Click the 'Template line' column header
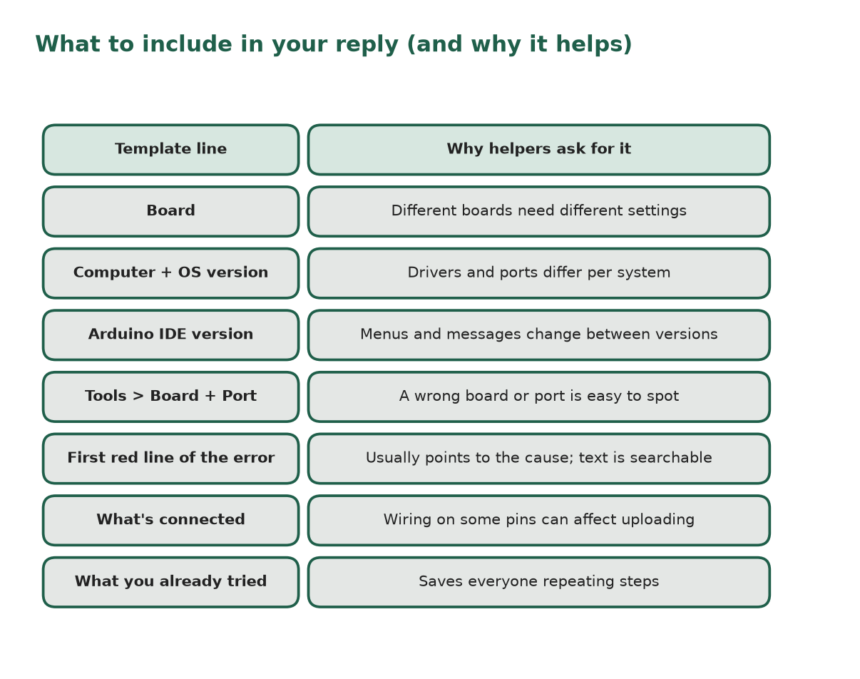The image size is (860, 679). pyautogui.click(x=170, y=150)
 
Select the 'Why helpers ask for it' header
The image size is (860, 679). pyautogui.click(x=538, y=150)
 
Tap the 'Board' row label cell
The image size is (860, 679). pyautogui.click(x=170, y=211)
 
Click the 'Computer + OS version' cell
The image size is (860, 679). pyautogui.click(x=170, y=273)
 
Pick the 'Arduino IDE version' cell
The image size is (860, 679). pyautogui.click(x=170, y=335)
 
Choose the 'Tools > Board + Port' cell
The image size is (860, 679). pyautogui.click(x=170, y=397)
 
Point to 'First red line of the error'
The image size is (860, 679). pyautogui.click(x=170, y=459)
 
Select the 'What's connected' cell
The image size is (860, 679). pyautogui.click(x=170, y=520)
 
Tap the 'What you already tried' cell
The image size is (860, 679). pyautogui.click(x=170, y=582)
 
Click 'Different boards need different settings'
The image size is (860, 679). pyautogui.click(x=538, y=211)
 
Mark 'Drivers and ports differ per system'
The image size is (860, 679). pyautogui.click(x=538, y=273)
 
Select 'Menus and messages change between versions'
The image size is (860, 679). pyautogui.click(x=538, y=335)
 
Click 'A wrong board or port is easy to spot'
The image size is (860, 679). pyautogui.click(x=538, y=397)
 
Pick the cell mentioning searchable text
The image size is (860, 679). pyautogui.click(x=538, y=459)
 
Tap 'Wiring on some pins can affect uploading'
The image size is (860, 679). pyautogui.click(x=538, y=520)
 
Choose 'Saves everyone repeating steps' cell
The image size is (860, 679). pyautogui.click(x=538, y=582)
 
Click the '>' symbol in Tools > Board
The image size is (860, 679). pyautogui.click(x=138, y=396)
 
